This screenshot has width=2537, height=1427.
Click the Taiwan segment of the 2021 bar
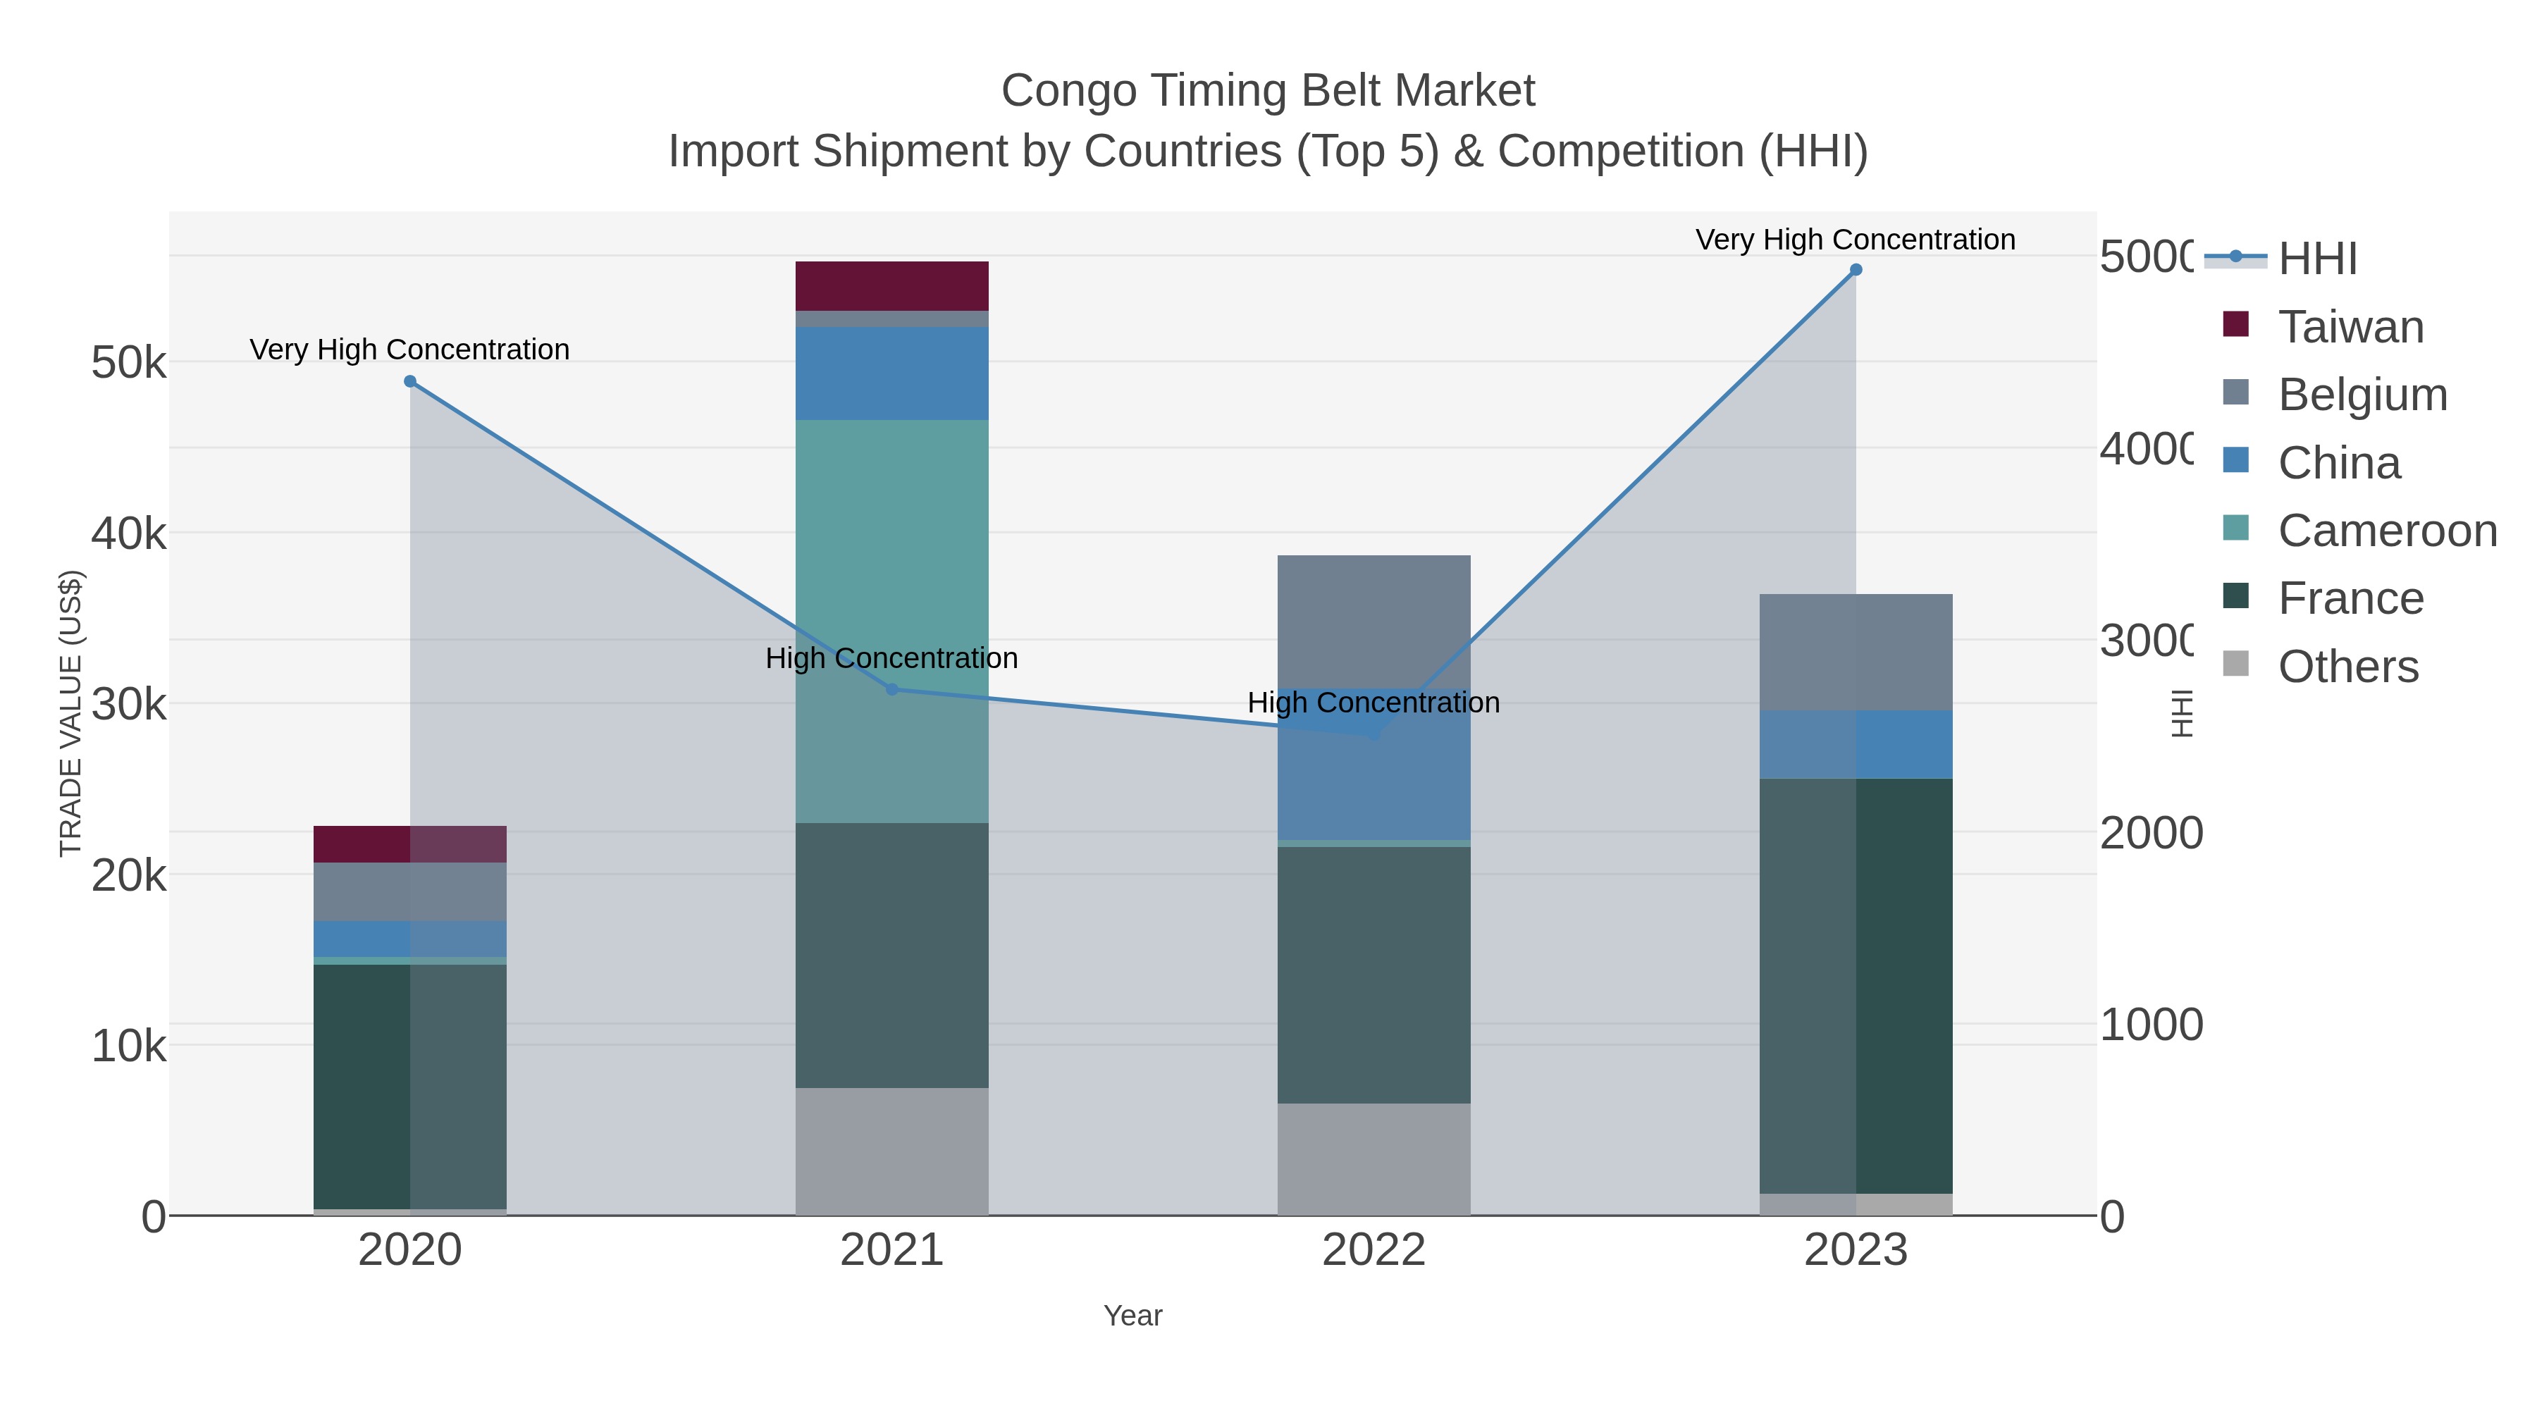891,285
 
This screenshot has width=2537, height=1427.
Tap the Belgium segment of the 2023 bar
1856,652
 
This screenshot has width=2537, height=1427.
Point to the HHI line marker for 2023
1856,270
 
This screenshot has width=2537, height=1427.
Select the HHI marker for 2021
892,689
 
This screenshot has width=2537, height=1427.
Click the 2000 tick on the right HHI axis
2150,833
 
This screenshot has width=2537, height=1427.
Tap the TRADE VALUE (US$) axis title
71,713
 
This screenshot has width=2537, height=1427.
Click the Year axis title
1132,1316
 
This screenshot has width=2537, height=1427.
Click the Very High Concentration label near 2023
1856,240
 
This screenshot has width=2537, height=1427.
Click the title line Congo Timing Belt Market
1268,92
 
